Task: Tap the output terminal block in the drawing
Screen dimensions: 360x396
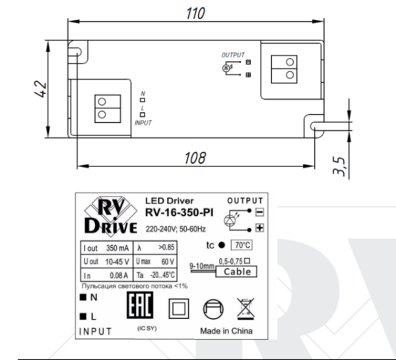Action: pyautogui.click(x=288, y=66)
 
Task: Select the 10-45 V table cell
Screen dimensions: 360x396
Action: pyautogui.click(x=118, y=262)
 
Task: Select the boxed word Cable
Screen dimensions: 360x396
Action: pyautogui.click(x=237, y=272)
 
